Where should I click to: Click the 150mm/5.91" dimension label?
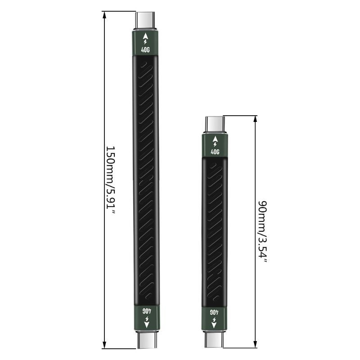111,180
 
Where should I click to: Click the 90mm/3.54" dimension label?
262,232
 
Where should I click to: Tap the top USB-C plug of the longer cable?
145,21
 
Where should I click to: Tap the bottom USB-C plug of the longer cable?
145,339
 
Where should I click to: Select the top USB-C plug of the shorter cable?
215,124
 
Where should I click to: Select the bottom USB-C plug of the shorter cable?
215,338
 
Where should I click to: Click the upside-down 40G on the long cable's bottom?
145,310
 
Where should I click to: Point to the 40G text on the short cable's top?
215,152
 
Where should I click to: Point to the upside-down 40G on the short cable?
215,311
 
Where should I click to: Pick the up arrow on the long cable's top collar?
145,35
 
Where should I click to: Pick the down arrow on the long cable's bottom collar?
145,325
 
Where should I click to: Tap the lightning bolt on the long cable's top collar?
145,43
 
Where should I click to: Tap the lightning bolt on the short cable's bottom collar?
215,319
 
